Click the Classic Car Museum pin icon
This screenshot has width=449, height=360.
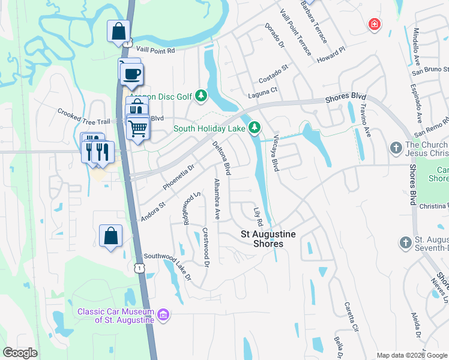click(x=163, y=314)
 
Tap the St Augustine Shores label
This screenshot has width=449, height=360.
click(x=262, y=239)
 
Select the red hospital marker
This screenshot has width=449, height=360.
click(x=374, y=24)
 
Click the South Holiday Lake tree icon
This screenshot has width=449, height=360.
click(x=255, y=127)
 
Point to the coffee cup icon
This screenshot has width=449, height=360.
click(x=131, y=74)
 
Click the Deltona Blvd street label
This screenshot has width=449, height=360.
click(x=223, y=158)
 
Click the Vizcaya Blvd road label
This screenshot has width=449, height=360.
click(x=273, y=153)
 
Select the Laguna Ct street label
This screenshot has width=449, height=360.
click(x=262, y=90)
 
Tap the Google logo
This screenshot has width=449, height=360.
click(x=20, y=353)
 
